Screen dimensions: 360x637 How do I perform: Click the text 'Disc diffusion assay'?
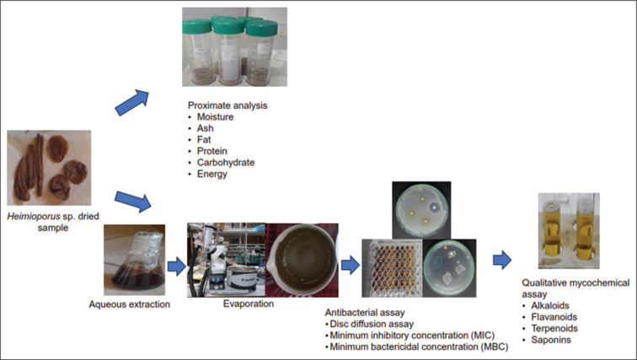370,324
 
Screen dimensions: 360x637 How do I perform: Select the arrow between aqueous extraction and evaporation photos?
175,267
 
